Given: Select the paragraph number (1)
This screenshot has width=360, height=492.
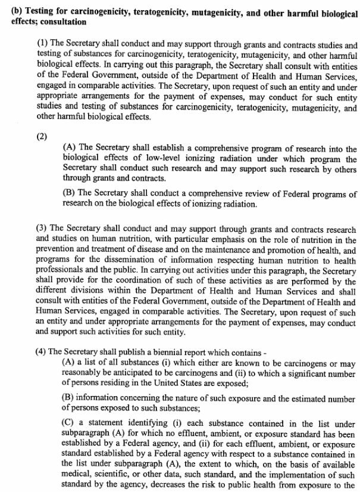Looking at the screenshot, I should [42, 45].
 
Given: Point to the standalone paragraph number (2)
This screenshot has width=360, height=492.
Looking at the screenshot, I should [42, 135].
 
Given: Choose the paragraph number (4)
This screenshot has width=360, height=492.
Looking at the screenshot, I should [42, 353].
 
